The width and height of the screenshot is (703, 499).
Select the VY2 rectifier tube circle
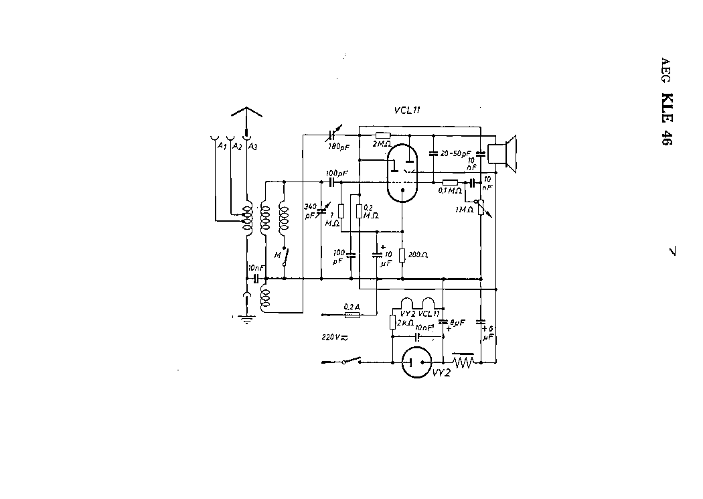[x=416, y=363]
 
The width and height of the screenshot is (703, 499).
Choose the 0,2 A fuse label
[x=351, y=307]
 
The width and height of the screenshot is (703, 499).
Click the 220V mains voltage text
[x=334, y=337]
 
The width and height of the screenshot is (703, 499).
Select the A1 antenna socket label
[x=218, y=145]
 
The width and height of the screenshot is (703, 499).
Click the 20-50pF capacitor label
[x=457, y=154]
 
